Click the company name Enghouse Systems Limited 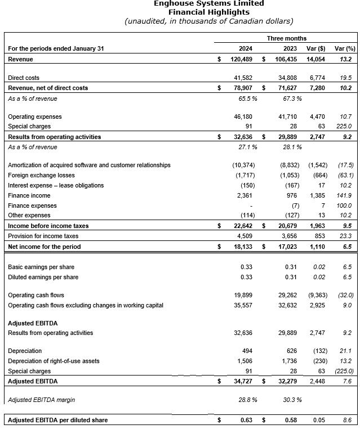208,3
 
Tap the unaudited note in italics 208,21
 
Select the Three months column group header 287,38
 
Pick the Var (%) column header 344,48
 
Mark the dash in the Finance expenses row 250,205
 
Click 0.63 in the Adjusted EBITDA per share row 246,420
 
